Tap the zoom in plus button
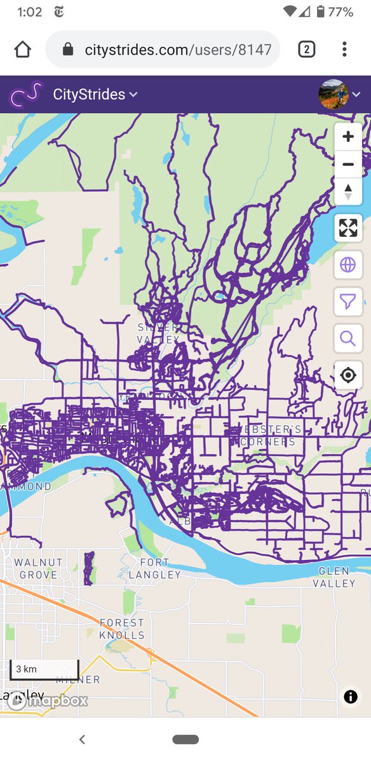pyautogui.click(x=347, y=137)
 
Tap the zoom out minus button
pyautogui.click(x=347, y=164)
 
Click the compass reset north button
pyautogui.click(x=347, y=191)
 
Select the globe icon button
pyautogui.click(x=347, y=265)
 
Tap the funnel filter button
pyautogui.click(x=347, y=301)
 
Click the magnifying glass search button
pyautogui.click(x=347, y=338)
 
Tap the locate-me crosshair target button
pyautogui.click(x=347, y=375)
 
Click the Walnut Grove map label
pyautogui.click(x=38, y=568)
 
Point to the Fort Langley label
pyautogui.click(x=155, y=568)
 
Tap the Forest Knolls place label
pyautogui.click(x=122, y=629)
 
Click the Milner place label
pyautogui.click(x=78, y=679)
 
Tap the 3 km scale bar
pyautogui.click(x=44, y=669)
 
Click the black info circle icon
pyautogui.click(x=350, y=697)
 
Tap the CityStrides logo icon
pyautogui.click(x=25, y=95)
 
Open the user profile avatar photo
pyautogui.click(x=334, y=95)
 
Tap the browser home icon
pyautogui.click(x=22, y=49)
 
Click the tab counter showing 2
pyautogui.click(x=306, y=49)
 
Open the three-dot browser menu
pyautogui.click(x=344, y=49)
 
